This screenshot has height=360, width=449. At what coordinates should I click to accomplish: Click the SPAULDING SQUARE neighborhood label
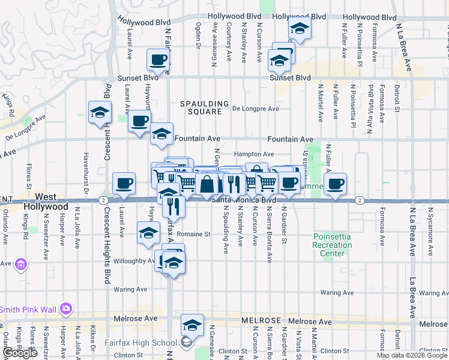click(205, 107)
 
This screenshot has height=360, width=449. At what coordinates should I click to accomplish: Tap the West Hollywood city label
click(46, 202)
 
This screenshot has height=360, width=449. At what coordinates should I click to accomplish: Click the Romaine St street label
click(197, 234)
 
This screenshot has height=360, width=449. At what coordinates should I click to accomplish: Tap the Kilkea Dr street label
click(92, 341)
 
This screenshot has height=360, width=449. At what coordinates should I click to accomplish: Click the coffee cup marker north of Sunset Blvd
click(159, 60)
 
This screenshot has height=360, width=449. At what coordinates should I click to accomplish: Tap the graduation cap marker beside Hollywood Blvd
click(299, 29)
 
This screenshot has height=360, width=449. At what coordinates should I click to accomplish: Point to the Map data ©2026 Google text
click(412, 355)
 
